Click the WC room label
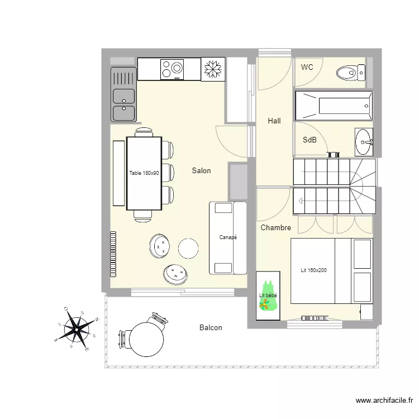click(x=307, y=67)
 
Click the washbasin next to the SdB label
click(x=364, y=142)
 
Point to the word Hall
click(x=274, y=121)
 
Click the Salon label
click(x=201, y=170)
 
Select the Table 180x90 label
click(x=144, y=173)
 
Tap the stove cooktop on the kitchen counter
click(x=172, y=69)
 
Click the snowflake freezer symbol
click(x=212, y=69)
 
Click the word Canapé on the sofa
click(x=228, y=237)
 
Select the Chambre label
click(x=275, y=227)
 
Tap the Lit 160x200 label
click(x=313, y=270)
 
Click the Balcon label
click(x=211, y=328)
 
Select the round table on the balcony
click(x=146, y=339)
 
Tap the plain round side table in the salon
click(x=188, y=247)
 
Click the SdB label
click(x=310, y=140)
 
